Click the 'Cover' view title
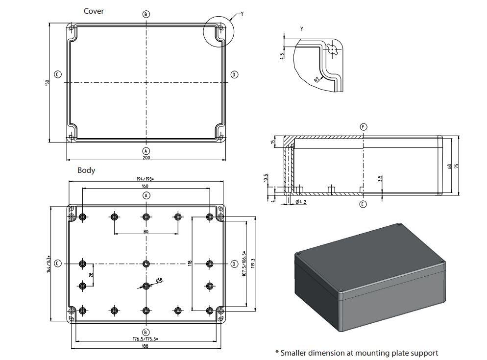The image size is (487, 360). click(x=94, y=11)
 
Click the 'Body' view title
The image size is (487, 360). click(x=86, y=170)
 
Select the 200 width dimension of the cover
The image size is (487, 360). click(x=146, y=157)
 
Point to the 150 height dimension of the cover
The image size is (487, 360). click(x=48, y=83)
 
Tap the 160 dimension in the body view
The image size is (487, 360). click(x=146, y=186)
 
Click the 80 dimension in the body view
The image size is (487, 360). click(x=146, y=231)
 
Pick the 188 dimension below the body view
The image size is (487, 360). click(x=146, y=346)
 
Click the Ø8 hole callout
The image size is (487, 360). click(x=160, y=280)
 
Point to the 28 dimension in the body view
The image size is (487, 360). click(x=91, y=275)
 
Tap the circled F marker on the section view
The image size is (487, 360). click(x=363, y=127)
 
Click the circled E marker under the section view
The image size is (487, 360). click(x=363, y=204)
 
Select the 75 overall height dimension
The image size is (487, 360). click(x=457, y=166)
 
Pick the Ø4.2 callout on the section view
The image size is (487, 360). click(x=301, y=202)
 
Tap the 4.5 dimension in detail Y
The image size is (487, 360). click(x=282, y=56)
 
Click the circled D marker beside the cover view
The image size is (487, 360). click(x=234, y=74)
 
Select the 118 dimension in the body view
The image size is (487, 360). click(x=190, y=263)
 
